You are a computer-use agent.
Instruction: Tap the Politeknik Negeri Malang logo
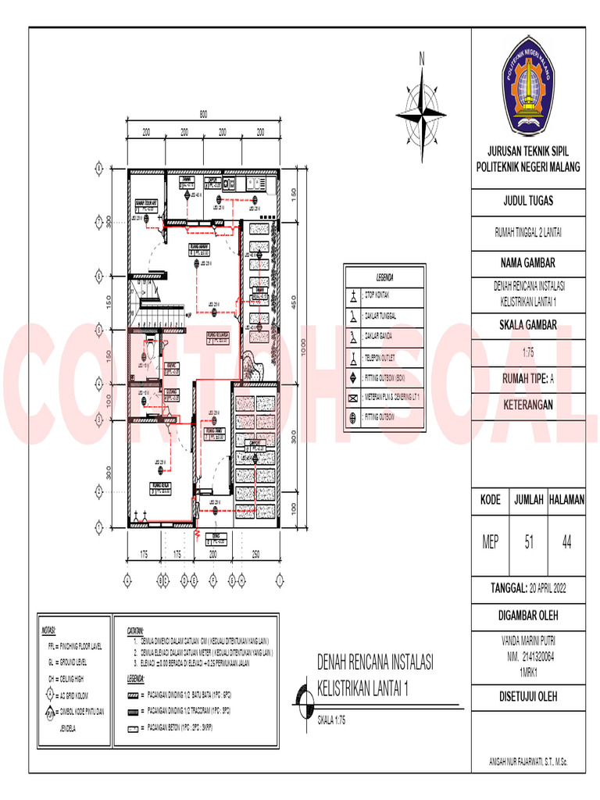(x=527, y=88)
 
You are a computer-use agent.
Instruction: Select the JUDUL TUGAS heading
(x=527, y=201)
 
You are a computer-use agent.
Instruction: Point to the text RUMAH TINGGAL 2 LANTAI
(x=527, y=231)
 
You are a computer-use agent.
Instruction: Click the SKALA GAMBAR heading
(x=527, y=325)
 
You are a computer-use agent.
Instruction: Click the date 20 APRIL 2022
(x=550, y=587)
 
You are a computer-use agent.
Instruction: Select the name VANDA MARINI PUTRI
(x=527, y=638)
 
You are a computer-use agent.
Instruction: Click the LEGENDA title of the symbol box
(x=384, y=277)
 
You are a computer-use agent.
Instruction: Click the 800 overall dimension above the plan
(x=202, y=115)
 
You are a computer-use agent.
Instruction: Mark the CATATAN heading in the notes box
(x=137, y=629)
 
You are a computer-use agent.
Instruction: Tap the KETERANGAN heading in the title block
(x=527, y=405)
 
